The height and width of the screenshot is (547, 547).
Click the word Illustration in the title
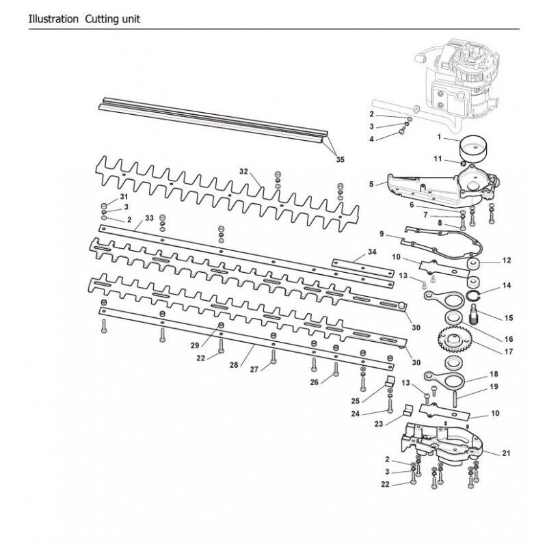pyautogui.click(x=53, y=18)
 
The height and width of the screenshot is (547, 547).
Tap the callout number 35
pyautogui.click(x=340, y=160)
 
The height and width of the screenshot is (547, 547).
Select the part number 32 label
pyautogui.click(x=243, y=170)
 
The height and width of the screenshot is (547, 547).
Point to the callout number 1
pyautogui.click(x=441, y=137)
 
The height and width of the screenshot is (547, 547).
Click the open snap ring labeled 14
pyautogui.click(x=477, y=296)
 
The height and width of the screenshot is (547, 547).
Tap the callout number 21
pyautogui.click(x=507, y=453)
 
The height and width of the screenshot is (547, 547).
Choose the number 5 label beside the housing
pyautogui.click(x=371, y=183)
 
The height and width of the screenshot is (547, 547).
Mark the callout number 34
pyautogui.click(x=371, y=252)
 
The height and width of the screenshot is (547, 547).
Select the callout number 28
pyautogui.click(x=234, y=366)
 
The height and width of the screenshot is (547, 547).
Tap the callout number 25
pyautogui.click(x=354, y=400)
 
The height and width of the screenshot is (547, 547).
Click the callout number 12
pyautogui.click(x=507, y=260)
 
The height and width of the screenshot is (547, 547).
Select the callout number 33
pyautogui.click(x=148, y=219)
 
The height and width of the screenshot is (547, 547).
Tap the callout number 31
pyautogui.click(x=124, y=197)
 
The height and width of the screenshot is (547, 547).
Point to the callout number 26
pyautogui.click(x=314, y=382)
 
